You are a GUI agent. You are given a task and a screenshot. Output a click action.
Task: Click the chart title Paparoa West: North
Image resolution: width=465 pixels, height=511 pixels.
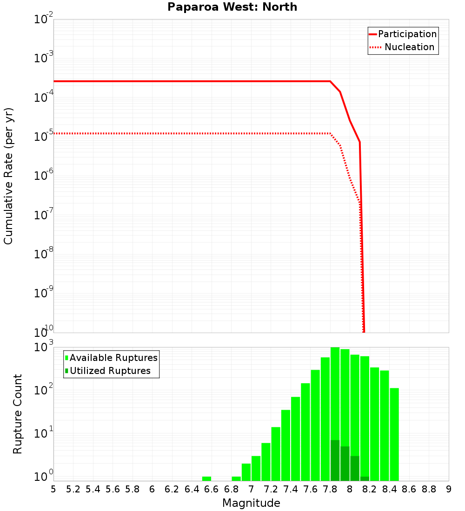click(232, 7)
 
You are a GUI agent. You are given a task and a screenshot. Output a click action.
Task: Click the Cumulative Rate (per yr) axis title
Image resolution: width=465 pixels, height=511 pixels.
click(8, 176)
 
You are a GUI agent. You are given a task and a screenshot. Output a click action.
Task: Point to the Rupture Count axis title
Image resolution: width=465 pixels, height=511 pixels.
click(18, 414)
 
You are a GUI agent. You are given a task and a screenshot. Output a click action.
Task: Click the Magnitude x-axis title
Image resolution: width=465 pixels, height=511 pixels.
click(251, 503)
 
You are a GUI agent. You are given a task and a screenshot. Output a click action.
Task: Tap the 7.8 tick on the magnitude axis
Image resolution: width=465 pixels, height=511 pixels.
click(330, 489)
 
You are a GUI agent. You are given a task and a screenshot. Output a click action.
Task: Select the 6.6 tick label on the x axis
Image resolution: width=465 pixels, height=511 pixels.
click(212, 489)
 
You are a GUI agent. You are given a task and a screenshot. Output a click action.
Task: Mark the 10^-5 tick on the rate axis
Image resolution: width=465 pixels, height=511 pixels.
click(44, 135)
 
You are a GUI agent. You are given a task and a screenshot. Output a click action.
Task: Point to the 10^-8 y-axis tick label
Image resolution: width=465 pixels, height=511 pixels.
click(44, 253)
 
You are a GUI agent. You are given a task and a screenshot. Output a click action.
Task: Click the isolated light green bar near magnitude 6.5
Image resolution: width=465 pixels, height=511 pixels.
click(206, 478)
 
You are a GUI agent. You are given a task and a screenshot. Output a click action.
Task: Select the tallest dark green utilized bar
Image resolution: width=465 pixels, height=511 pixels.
click(335, 460)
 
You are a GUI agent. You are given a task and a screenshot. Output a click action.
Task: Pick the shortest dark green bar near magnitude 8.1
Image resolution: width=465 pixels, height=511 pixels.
click(365, 478)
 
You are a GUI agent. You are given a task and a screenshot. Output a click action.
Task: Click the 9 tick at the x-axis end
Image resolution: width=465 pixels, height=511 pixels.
click(449, 489)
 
